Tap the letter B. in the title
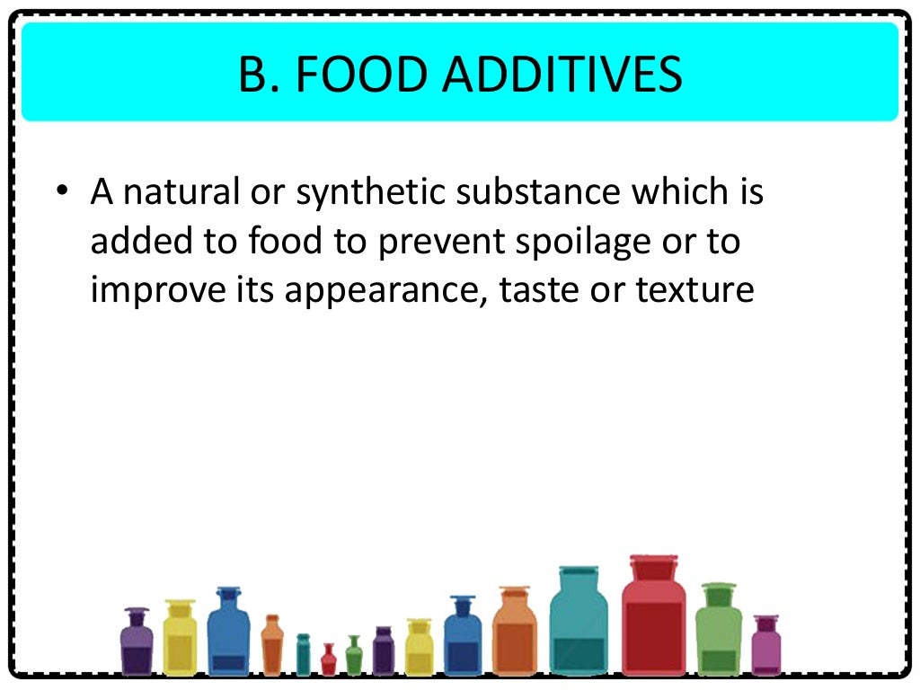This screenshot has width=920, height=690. click(256, 75)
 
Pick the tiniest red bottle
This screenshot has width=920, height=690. click(328, 661)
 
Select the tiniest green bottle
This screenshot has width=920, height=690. click(354, 658)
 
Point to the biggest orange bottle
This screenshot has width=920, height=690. click(514, 633)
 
